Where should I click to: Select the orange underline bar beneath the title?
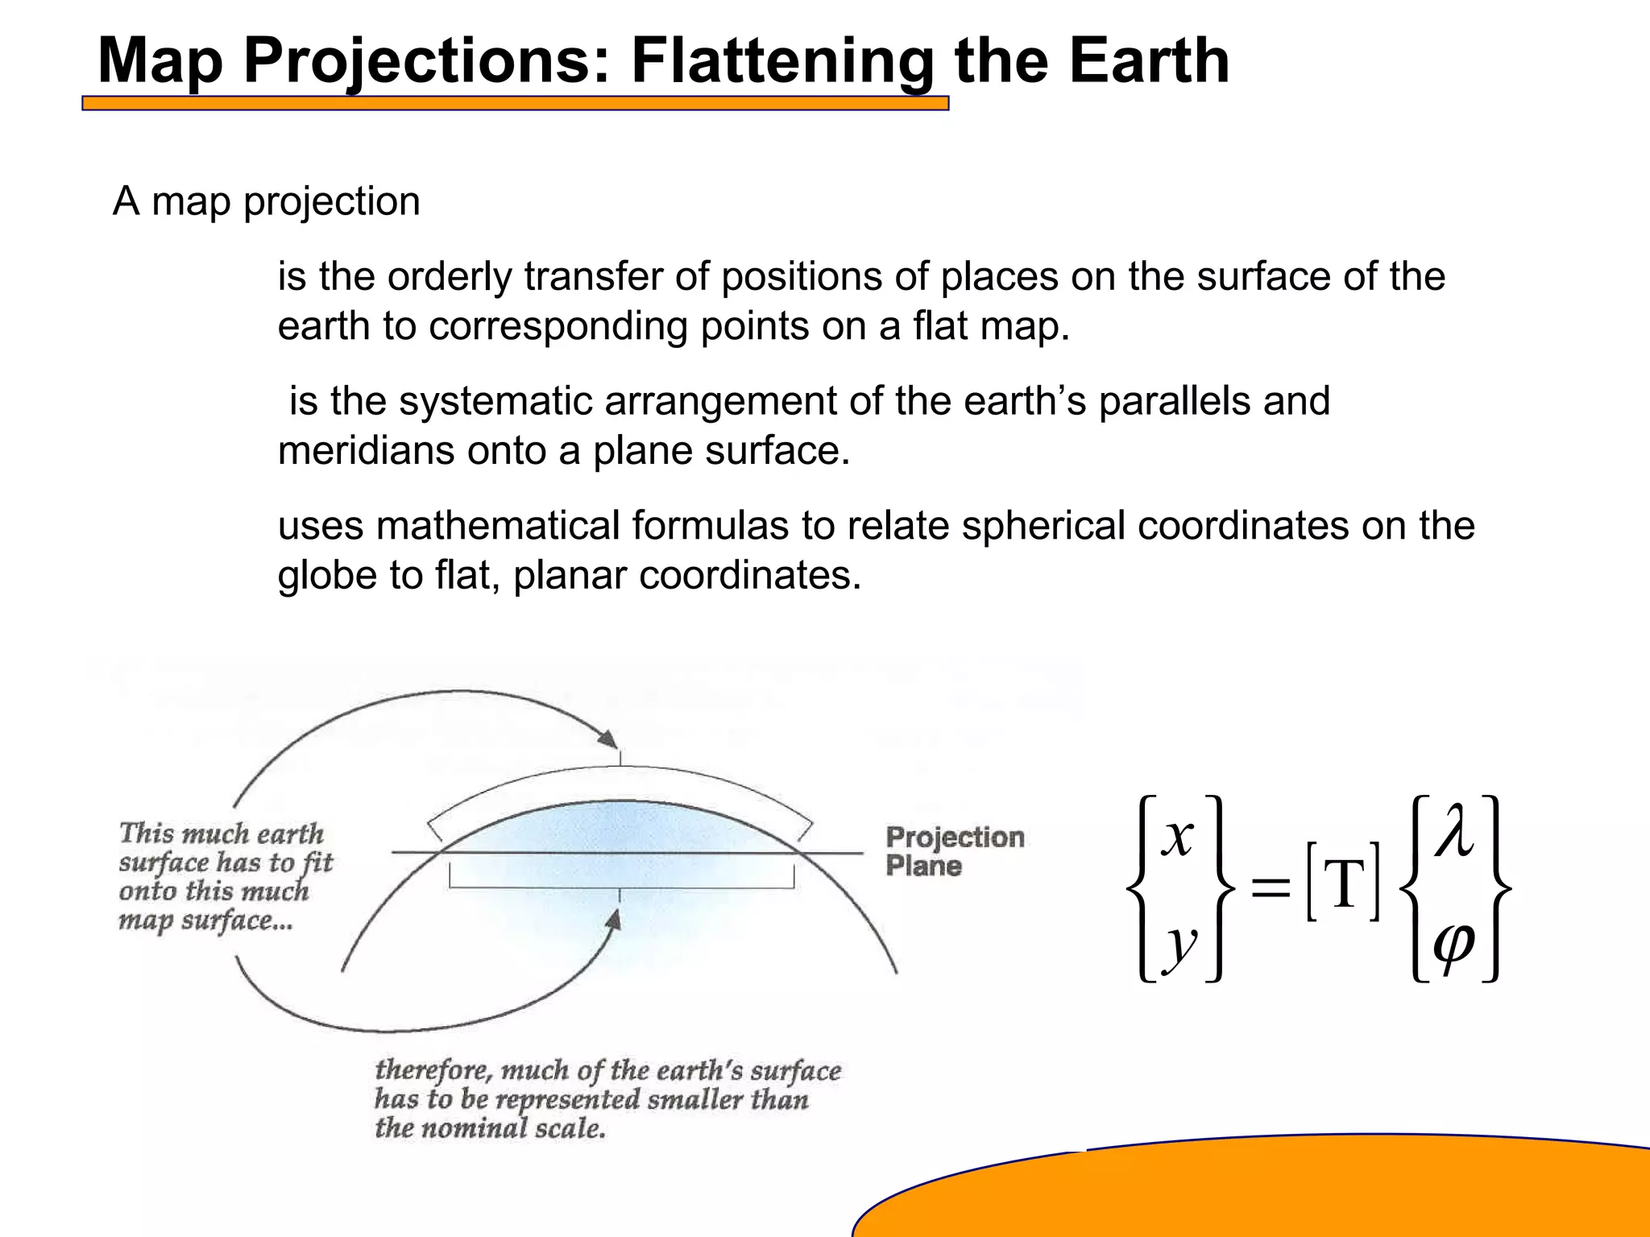(516, 103)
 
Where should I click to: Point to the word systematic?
(495, 401)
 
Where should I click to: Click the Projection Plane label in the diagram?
(954, 851)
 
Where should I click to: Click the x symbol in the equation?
(1178, 838)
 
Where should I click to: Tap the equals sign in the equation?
(1271, 889)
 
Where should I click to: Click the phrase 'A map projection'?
(267, 201)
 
